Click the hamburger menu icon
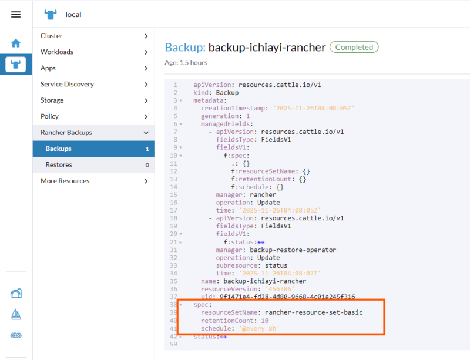pyautogui.click(x=16, y=14)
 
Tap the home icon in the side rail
pyautogui.click(x=16, y=43)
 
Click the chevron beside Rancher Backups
pyautogui.click(x=146, y=133)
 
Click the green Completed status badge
pyautogui.click(x=354, y=47)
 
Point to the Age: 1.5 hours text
pyautogui.click(x=186, y=63)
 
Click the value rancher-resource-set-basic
pyautogui.click(x=314, y=312)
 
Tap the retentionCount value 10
pyautogui.click(x=265, y=321)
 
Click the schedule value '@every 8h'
pyautogui.click(x=259, y=328)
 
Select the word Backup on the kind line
pyautogui.click(x=227, y=93)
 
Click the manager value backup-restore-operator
pyautogui.click(x=293, y=250)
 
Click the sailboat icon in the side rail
pyautogui.click(x=16, y=314)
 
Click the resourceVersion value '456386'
pyautogui.click(x=280, y=289)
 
